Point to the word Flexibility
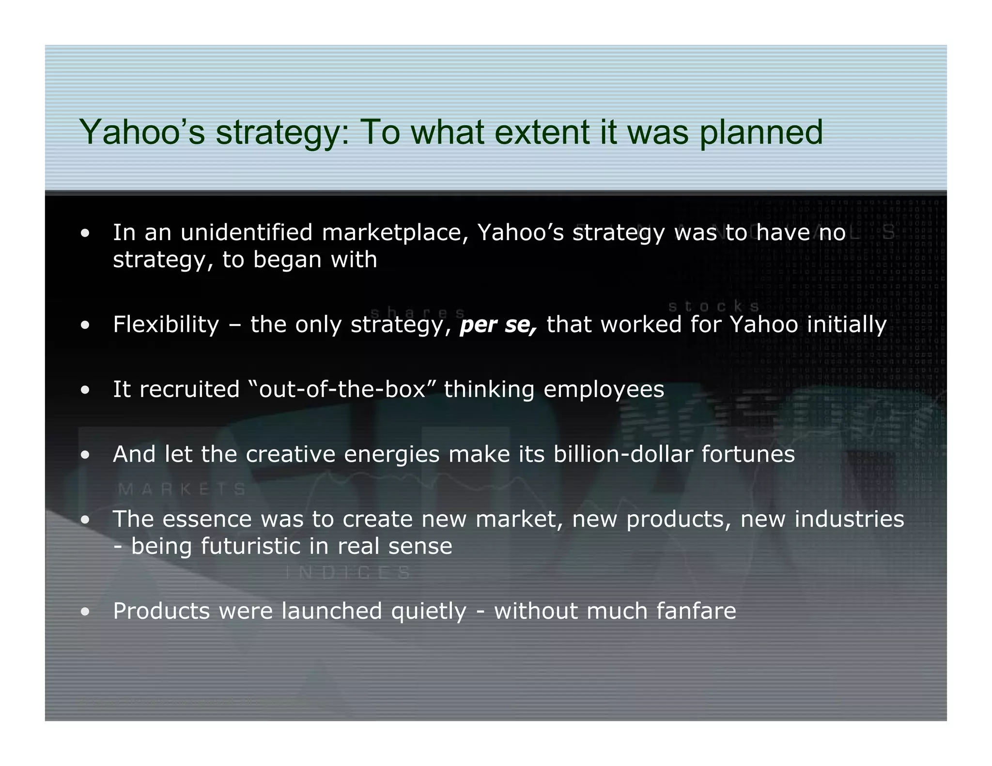[x=166, y=324]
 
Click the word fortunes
[x=748, y=454]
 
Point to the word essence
[x=207, y=519]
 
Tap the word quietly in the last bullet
[x=429, y=612]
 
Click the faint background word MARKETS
[x=182, y=490]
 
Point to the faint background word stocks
[x=713, y=306]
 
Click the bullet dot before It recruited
[x=85, y=390]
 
